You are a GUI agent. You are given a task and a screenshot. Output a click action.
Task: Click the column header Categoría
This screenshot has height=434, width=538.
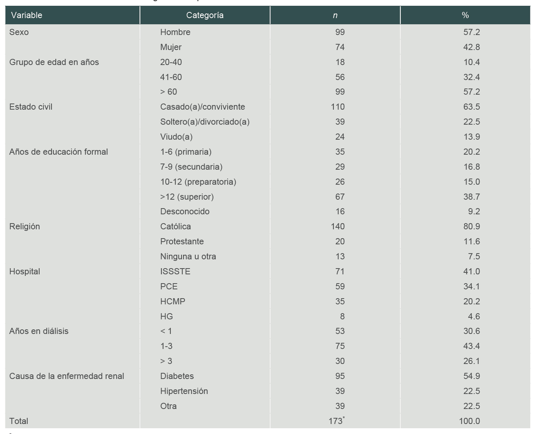tap(205, 15)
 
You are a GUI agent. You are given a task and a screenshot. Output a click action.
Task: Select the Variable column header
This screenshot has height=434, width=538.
tap(27, 15)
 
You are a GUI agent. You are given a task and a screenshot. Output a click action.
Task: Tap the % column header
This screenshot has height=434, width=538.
tap(465, 15)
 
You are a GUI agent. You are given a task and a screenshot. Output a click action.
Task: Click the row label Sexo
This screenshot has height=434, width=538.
tap(19, 32)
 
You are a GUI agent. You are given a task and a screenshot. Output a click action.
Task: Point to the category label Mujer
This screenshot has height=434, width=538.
tap(171, 47)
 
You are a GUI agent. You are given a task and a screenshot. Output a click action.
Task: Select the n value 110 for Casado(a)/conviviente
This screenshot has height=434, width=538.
tap(338, 107)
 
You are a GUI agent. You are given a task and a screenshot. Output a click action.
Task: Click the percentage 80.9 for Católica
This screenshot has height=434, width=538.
tap(471, 227)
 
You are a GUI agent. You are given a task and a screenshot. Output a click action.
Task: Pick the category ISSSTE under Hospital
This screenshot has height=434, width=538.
tap(175, 272)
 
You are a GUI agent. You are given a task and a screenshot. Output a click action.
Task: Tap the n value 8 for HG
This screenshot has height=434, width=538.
tap(342, 317)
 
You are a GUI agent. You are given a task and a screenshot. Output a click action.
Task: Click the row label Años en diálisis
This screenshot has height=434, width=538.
tap(39, 331)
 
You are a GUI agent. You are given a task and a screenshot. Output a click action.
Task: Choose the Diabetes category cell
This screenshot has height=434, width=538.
tap(177, 376)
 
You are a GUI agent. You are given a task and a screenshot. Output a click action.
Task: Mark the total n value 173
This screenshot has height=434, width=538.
tap(336, 421)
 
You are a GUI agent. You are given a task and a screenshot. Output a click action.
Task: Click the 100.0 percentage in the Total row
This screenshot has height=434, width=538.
tap(469, 421)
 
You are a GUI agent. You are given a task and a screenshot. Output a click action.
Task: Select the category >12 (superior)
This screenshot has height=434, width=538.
tap(187, 197)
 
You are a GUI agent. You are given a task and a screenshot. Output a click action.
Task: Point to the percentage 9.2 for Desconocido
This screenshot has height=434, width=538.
tap(474, 212)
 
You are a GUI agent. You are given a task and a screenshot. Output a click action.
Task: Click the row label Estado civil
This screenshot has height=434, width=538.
tap(31, 107)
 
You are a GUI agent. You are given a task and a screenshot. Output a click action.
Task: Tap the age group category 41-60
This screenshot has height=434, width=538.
tap(171, 77)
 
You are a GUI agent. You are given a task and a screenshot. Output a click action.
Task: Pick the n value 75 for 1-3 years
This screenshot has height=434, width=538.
tap(340, 346)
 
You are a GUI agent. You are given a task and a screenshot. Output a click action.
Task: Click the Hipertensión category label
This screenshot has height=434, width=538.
tap(184, 391)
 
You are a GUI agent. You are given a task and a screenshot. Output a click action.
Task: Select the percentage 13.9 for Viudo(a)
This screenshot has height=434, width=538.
tap(471, 137)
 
